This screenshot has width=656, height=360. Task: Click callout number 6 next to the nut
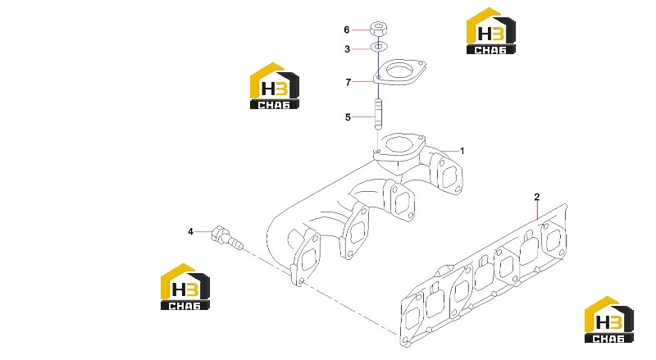click(346, 30)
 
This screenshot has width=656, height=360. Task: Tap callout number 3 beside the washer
click(347, 49)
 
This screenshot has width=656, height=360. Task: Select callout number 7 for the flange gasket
click(348, 83)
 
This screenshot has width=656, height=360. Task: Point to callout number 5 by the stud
click(348, 117)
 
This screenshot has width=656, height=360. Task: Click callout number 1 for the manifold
click(462, 151)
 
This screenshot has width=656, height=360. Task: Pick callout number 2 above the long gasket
click(537, 197)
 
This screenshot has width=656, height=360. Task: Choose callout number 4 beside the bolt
click(191, 231)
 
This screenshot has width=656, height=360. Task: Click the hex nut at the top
click(378, 30)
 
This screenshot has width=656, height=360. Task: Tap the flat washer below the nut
click(379, 47)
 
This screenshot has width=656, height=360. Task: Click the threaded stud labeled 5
click(378, 114)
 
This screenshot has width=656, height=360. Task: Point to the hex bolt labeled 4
click(226, 239)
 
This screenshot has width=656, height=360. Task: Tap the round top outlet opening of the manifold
click(399, 145)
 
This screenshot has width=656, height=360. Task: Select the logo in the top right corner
click(490, 31)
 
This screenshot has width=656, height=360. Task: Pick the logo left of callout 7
click(275, 86)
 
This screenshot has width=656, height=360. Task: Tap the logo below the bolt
click(185, 287)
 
